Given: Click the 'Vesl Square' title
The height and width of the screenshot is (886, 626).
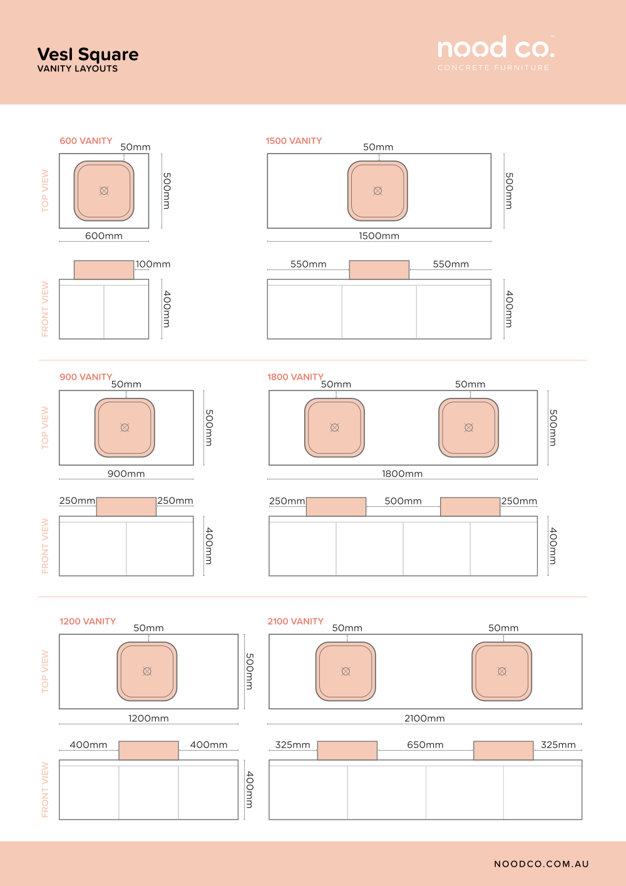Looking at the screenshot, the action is (88, 55).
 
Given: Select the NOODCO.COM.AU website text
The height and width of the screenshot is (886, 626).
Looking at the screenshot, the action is (541, 864).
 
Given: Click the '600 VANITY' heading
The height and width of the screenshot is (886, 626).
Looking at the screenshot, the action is (86, 141).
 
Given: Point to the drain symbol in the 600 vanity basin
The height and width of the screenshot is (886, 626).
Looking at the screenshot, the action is (104, 191).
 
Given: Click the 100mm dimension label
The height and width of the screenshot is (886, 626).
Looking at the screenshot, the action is (153, 264).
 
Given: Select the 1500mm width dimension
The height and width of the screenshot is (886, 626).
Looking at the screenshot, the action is (379, 236).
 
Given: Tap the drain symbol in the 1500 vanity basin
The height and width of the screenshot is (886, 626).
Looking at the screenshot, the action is (378, 191).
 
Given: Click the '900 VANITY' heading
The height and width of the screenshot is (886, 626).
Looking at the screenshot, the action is (86, 377).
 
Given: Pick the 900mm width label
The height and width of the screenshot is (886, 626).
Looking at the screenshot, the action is (126, 474).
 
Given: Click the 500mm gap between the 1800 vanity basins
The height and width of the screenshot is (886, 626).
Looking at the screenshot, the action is (403, 501).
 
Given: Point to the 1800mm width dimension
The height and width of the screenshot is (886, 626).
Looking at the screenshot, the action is (403, 474).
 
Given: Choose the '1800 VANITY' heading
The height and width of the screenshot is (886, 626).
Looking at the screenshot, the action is (295, 377).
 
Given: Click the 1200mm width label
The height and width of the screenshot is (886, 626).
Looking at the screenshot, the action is (148, 718).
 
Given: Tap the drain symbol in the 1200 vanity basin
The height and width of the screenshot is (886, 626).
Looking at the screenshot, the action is (147, 671).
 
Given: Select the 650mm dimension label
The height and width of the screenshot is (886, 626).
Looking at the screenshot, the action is (425, 745).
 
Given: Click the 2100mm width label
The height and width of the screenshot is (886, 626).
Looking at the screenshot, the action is (424, 718).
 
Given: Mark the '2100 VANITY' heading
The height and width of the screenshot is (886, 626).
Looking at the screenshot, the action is (295, 622).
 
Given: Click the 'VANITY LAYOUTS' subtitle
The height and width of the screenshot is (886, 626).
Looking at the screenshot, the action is (78, 69).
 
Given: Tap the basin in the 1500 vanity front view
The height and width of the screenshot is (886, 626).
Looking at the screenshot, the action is (379, 270).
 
